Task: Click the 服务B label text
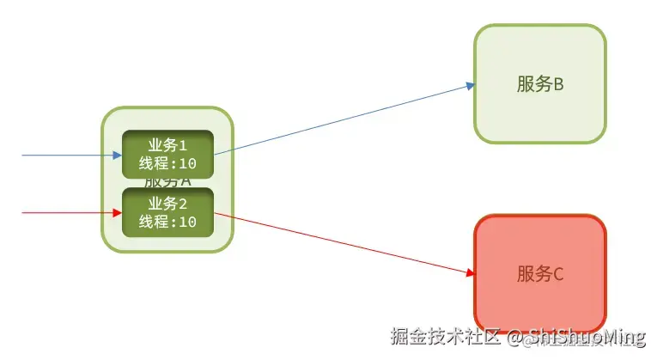[x=539, y=84]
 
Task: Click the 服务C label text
[x=539, y=274]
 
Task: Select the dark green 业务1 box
[x=167, y=154]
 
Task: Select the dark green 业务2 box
[x=167, y=212]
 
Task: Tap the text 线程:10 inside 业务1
[x=167, y=163]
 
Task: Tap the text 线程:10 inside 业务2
[x=167, y=222]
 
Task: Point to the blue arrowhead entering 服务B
[x=470, y=84]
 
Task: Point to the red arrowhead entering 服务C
[x=470, y=273]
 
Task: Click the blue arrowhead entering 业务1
[x=118, y=156]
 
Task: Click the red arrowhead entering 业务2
[x=118, y=212]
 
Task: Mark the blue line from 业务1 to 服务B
[x=344, y=119]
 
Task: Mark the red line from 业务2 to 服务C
[x=344, y=244]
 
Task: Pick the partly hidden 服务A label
[x=167, y=182]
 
